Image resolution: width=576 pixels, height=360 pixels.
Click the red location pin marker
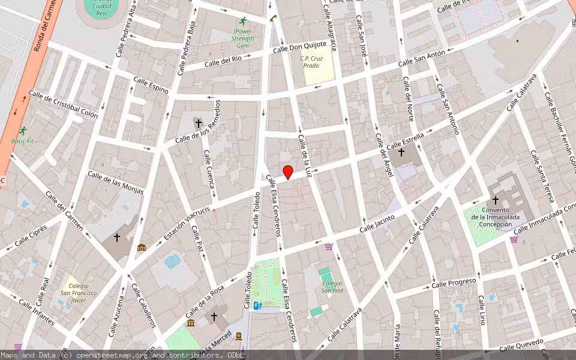pyautogui.click(x=288, y=172)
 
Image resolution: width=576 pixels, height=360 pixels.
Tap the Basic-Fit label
pyautogui.click(x=23, y=142)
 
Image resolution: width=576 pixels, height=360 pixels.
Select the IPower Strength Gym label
pyautogui.click(x=242, y=38)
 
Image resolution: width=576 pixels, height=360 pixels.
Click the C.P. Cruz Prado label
pyautogui.click(x=311, y=61)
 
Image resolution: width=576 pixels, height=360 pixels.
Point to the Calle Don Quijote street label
pyautogui.click(x=299, y=47)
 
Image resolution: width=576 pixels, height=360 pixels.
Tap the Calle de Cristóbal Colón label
pyautogui.click(x=63, y=104)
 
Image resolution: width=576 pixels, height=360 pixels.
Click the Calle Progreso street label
pyautogui.click(x=454, y=282)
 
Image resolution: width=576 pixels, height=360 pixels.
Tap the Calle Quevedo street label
pyautogui.click(x=521, y=346)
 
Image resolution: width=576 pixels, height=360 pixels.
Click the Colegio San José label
pyautogui.click(x=331, y=287)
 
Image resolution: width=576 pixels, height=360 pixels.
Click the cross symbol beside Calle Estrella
pyautogui.click(x=401, y=152)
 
